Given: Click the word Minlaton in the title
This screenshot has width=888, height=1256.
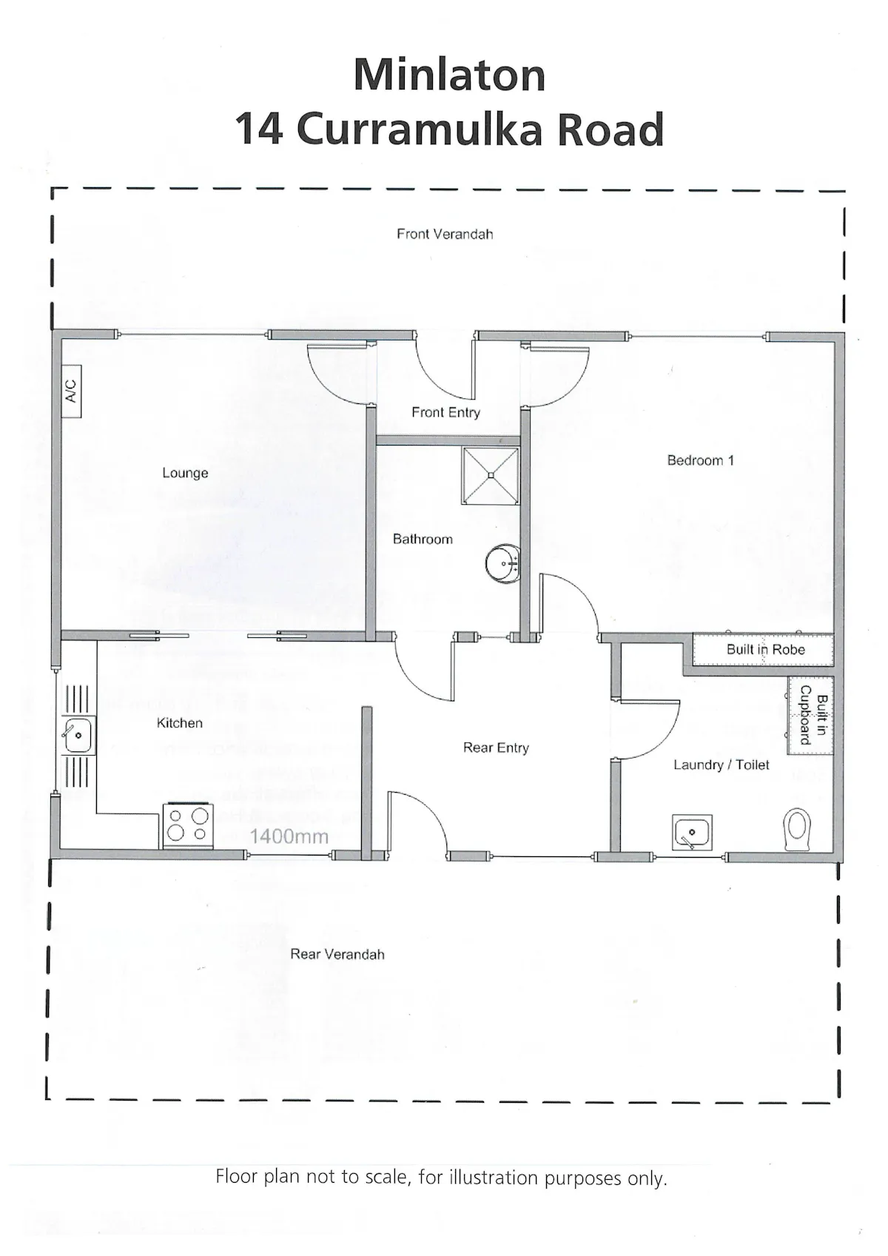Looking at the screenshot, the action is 449,75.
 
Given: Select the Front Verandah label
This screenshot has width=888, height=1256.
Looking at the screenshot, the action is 445,234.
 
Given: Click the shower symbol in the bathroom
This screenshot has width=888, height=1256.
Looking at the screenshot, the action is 491,475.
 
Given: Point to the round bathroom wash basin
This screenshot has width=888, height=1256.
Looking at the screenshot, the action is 503,563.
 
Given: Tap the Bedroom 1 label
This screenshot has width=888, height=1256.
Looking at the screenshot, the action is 700,460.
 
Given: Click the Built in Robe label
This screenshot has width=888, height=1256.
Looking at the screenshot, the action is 765,649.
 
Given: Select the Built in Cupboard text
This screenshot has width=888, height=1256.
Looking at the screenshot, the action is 813,714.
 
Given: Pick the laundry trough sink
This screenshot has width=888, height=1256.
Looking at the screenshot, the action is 693,832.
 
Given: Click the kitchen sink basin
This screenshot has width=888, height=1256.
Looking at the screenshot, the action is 78,735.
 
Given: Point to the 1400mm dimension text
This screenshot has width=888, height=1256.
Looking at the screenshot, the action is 289,836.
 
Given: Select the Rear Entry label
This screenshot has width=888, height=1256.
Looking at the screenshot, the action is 496,748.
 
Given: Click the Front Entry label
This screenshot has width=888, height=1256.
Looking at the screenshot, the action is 445,413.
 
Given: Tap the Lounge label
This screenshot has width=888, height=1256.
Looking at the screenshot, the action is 185,473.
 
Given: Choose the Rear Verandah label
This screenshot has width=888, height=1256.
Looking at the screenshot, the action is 337,954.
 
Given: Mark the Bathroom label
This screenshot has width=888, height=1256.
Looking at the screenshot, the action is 423,539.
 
